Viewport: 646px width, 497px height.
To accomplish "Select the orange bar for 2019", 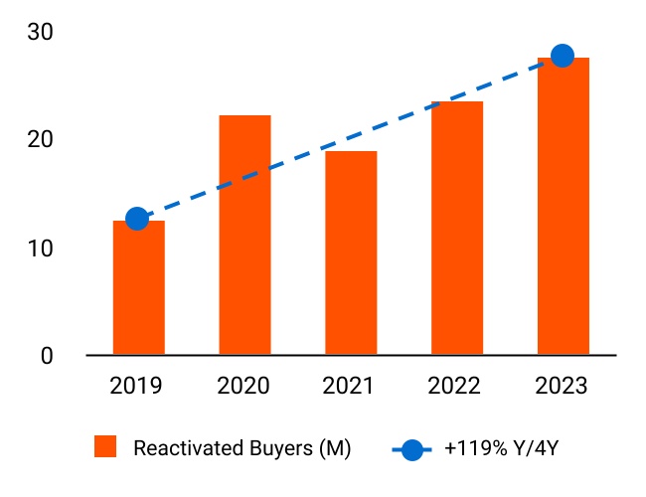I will coord(138,287).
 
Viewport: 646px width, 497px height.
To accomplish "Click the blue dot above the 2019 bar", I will coord(137,219).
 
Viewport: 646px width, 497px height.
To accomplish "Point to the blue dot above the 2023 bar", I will coord(563,56).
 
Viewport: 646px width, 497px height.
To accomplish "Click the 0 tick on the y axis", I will coord(46,355).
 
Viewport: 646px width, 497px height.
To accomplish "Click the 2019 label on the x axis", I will coord(138,386).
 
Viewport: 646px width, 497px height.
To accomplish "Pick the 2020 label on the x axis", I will coord(244,386).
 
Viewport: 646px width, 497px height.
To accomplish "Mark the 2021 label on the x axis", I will coord(351,386).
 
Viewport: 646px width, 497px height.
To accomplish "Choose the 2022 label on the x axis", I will coord(457,386).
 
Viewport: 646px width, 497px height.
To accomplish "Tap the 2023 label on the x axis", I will coord(564,386).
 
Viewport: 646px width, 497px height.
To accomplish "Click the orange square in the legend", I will coord(105,447).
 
